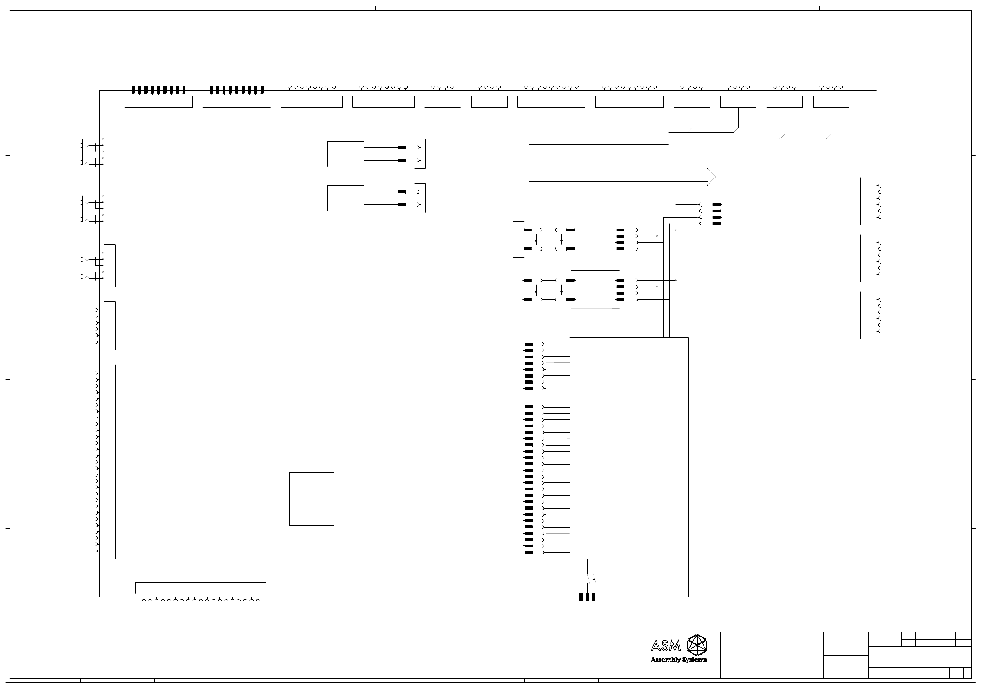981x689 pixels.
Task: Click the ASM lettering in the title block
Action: click(x=665, y=646)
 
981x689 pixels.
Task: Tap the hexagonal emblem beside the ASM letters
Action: click(x=697, y=645)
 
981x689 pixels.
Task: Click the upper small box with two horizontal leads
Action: click(x=345, y=154)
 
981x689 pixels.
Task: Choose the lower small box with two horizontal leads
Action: click(x=345, y=198)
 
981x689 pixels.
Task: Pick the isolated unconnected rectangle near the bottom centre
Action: click(x=312, y=499)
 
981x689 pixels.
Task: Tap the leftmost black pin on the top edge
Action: click(x=134, y=90)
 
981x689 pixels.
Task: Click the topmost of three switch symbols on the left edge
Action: click(x=92, y=152)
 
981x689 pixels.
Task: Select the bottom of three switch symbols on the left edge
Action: click(x=92, y=266)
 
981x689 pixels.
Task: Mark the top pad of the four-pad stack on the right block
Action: click(x=716, y=205)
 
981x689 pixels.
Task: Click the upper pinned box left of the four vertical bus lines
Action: click(x=595, y=239)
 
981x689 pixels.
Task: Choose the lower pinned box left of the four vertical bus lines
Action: click(x=595, y=290)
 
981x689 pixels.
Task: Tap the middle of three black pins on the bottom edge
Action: click(x=587, y=597)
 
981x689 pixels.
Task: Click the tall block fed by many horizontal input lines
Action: click(x=629, y=448)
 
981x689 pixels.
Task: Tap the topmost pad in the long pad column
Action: click(x=528, y=344)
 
